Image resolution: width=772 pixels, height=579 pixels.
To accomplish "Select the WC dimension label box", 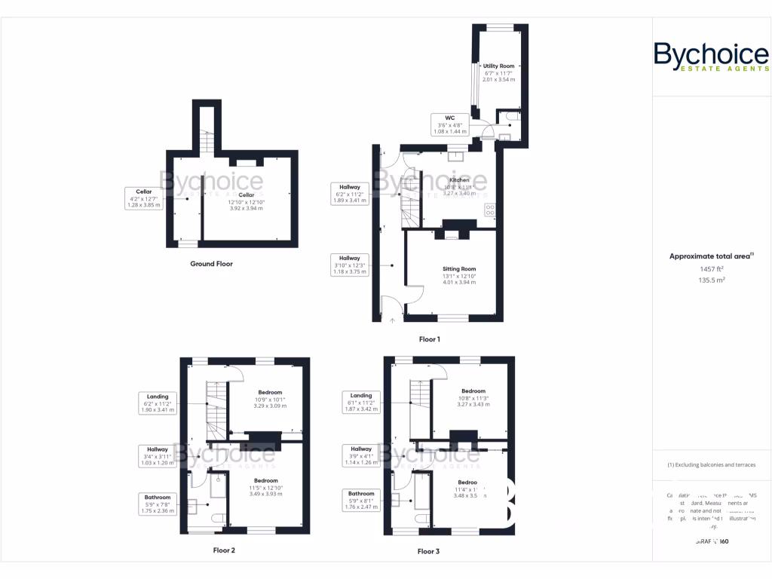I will (x=449, y=124).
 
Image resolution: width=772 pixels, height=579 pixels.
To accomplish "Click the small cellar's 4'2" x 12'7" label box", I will (x=144, y=198).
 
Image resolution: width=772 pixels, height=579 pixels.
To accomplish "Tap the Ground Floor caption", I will (x=211, y=264).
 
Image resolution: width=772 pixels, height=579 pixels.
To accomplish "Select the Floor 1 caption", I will (x=429, y=339).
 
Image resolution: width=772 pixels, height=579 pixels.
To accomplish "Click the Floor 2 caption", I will (x=224, y=550).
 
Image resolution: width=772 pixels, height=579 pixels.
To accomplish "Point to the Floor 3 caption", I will (x=428, y=551).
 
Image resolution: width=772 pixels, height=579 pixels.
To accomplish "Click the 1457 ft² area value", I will (x=712, y=268).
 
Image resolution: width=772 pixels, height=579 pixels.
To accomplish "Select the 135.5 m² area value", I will (x=712, y=280).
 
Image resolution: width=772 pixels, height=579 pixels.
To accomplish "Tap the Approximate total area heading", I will (x=712, y=256).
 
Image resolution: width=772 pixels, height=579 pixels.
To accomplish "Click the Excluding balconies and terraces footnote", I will (x=712, y=464).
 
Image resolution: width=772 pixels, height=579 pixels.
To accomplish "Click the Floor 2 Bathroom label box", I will (x=158, y=504).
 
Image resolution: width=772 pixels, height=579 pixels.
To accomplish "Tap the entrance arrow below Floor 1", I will (x=392, y=322).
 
